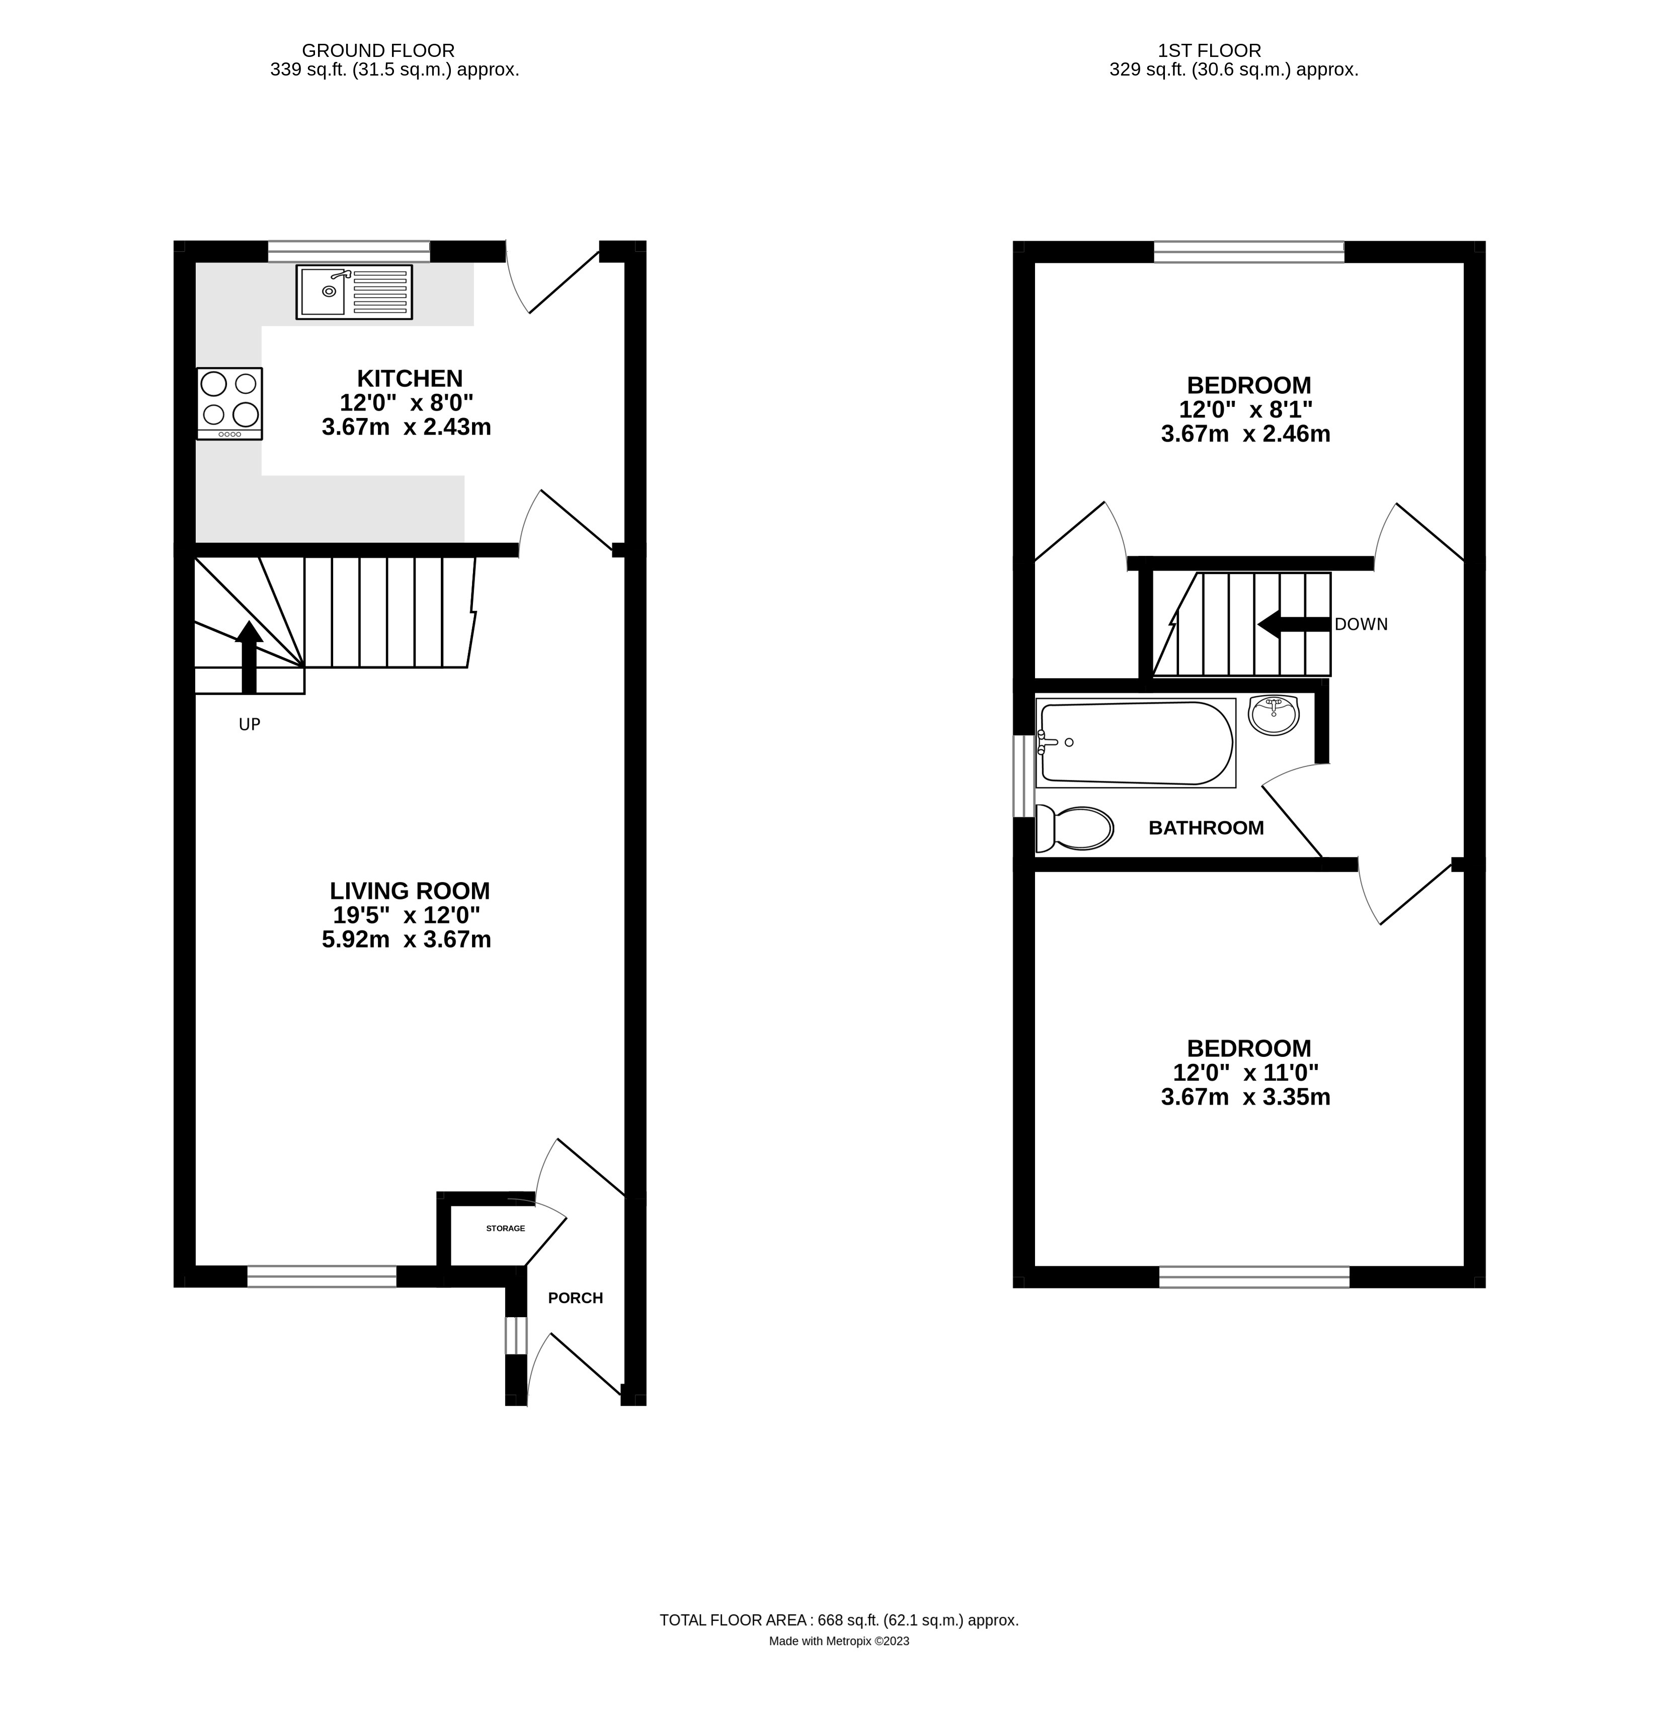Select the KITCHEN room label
tap(410, 379)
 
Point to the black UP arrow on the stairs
tap(249, 657)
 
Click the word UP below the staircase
tap(249, 724)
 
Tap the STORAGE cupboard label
tap(505, 1229)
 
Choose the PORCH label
tap(575, 1298)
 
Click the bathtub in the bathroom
tap(1135, 742)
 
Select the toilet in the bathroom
tap(1074, 828)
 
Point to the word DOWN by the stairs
tap(1361, 624)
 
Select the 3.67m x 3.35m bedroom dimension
tap(1245, 1097)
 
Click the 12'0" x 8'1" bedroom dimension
tap(1245, 409)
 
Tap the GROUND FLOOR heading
tap(378, 51)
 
